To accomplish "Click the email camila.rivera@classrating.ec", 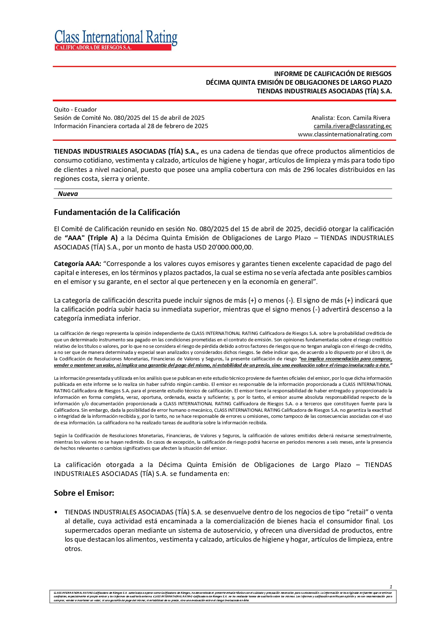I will click(353, 126).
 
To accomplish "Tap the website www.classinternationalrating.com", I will click(345, 134).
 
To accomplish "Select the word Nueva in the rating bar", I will click(68, 194).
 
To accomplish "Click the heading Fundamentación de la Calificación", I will click(117, 212).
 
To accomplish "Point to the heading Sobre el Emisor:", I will click(84, 493).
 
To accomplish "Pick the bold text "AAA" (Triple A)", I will click(91, 238).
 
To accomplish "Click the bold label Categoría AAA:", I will click(77, 264).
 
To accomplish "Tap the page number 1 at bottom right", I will click(391, 587).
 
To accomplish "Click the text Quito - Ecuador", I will click(75, 109).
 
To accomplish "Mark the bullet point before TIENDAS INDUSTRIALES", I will click(56, 512).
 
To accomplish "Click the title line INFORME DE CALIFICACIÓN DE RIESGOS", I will click(332, 74).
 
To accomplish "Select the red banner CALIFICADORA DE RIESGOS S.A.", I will click(113, 48).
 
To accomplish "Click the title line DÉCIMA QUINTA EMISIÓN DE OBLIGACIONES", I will click(298, 83).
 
